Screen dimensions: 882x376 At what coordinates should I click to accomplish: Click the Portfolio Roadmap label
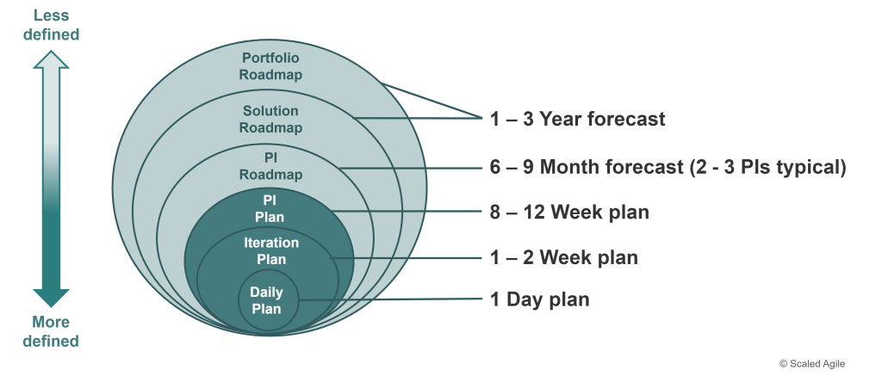(270, 66)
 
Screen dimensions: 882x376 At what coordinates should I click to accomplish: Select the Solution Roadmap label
(270, 119)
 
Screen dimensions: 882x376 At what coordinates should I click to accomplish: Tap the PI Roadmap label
(270, 166)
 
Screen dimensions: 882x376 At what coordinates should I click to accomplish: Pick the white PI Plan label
(270, 208)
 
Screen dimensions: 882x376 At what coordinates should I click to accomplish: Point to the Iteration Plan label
(271, 250)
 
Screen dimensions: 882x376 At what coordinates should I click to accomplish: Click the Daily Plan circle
(269, 300)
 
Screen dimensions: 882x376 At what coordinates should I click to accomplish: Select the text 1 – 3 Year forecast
(578, 119)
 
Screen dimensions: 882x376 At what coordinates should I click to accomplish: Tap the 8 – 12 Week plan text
(570, 212)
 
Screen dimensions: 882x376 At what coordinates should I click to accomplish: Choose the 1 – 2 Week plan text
(564, 257)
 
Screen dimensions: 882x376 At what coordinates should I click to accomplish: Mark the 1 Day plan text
(540, 299)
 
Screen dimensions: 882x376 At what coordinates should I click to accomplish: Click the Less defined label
(51, 25)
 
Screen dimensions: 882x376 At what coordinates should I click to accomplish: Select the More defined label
(51, 331)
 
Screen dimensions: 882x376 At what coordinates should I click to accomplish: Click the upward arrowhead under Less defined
(51, 59)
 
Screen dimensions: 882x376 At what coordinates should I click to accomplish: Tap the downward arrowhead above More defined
(51, 298)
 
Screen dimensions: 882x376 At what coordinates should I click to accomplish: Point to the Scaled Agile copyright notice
(812, 364)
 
